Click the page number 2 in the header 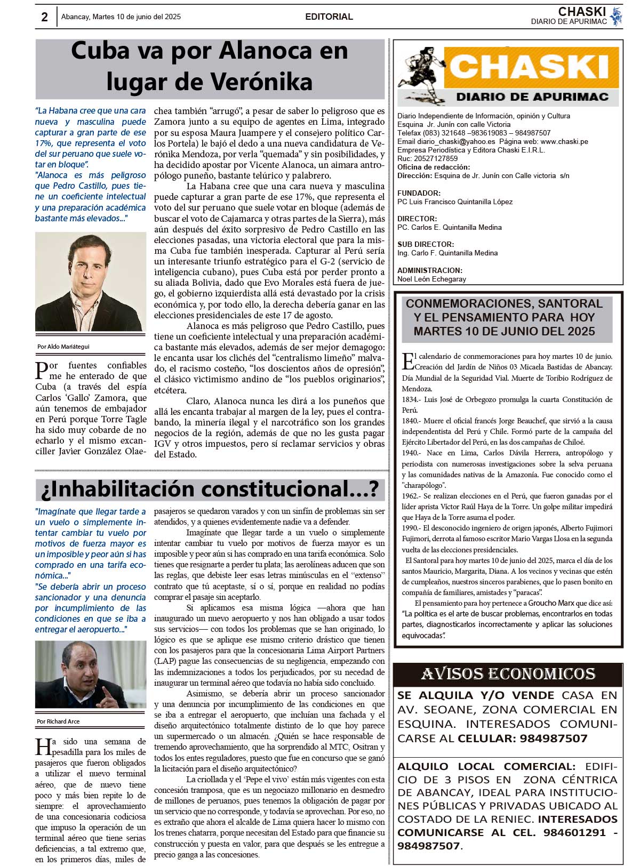[x=45, y=17]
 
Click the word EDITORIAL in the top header [x=329, y=17]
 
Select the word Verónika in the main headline [x=260, y=82]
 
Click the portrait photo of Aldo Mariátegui [x=91, y=282]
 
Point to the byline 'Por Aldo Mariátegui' [x=63, y=347]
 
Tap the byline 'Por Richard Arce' [x=58, y=721]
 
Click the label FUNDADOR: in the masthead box [x=419, y=193]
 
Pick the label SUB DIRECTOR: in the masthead [x=425, y=244]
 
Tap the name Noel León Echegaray [x=431, y=279]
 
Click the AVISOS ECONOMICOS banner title [x=508, y=675]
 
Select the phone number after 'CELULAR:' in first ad [x=553, y=738]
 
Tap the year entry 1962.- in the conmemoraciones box [x=412, y=496]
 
